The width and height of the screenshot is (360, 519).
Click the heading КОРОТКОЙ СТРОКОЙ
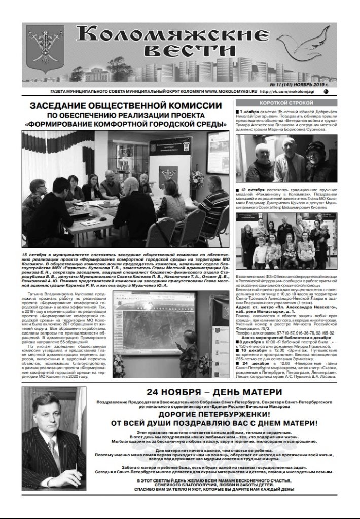(x=282, y=103)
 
